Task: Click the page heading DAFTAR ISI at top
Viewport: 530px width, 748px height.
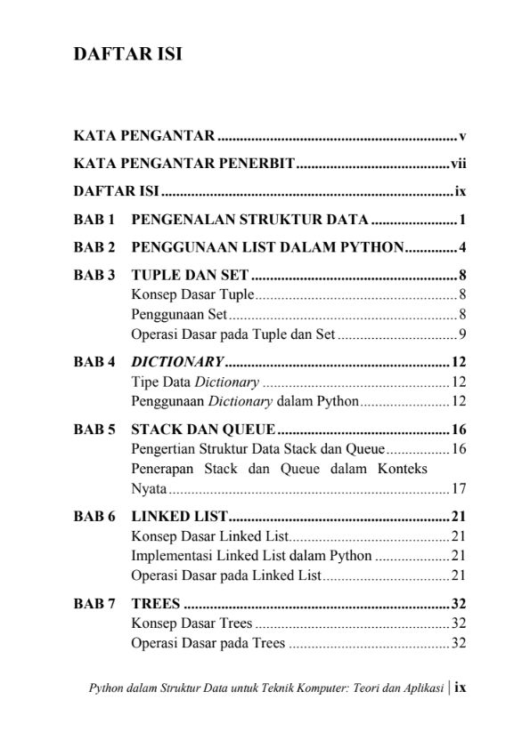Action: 127,54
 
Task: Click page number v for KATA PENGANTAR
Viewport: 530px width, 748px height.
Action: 463,137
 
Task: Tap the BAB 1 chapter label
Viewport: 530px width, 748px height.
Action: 94,219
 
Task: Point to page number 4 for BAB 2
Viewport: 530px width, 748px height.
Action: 464,246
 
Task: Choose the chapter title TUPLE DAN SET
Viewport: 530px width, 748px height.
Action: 190,275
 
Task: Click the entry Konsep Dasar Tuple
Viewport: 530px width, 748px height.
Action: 192,294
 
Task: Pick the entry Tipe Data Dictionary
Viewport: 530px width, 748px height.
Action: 195,382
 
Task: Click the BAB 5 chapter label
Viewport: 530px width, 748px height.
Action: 94,429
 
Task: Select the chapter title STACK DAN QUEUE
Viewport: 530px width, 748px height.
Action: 202,429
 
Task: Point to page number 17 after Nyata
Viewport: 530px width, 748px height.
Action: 460,488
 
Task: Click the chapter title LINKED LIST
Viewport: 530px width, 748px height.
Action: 180,516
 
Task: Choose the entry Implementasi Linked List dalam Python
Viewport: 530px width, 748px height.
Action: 251,556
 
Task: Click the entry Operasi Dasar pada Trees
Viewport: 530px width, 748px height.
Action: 208,643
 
